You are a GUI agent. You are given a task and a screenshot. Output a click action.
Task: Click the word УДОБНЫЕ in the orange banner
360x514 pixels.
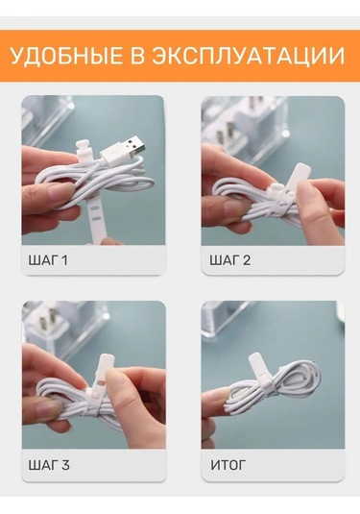66,56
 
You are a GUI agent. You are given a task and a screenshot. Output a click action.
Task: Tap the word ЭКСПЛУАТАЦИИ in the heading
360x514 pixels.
249,57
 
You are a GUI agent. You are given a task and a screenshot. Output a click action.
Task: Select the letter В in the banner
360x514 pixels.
137,56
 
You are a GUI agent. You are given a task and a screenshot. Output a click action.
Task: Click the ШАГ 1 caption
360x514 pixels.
48,260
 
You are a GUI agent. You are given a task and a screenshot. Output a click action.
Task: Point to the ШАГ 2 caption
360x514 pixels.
230,260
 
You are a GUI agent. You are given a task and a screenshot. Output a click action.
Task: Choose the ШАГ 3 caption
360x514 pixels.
49,465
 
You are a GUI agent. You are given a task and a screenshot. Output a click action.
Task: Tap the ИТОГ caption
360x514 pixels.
228,465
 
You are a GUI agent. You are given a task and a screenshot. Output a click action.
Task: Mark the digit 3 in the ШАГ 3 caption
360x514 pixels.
65,465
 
